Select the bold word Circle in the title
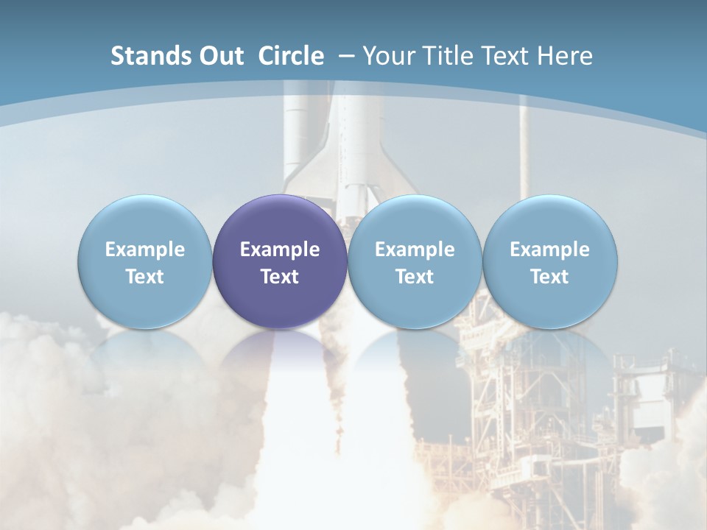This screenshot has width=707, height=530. [x=291, y=56]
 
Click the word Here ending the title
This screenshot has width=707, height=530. [x=565, y=56]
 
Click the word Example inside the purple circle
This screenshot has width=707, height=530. [x=280, y=250]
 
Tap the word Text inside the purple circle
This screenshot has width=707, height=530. [x=280, y=277]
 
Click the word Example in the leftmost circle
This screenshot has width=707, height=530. [x=145, y=250]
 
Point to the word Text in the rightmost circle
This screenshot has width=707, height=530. [x=549, y=277]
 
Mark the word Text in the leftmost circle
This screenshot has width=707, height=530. [x=145, y=277]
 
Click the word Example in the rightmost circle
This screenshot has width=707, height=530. [x=549, y=250]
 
